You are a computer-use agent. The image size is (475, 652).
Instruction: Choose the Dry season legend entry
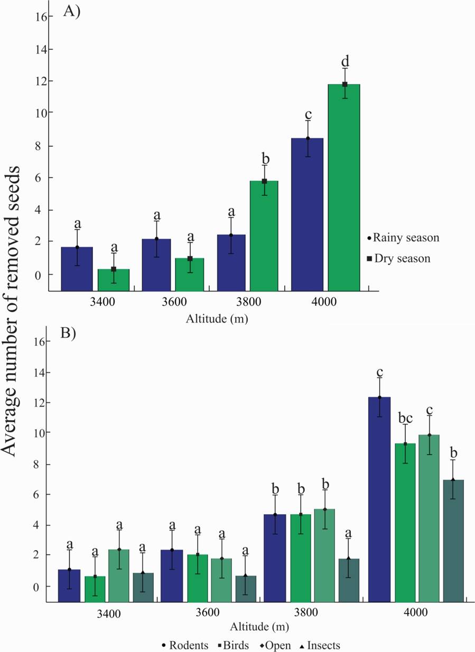tap(402, 259)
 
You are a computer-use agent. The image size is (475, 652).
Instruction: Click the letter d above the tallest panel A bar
tap(345, 60)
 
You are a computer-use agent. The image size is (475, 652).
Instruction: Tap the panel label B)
tap(71, 334)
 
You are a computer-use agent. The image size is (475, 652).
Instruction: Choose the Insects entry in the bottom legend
tap(318, 645)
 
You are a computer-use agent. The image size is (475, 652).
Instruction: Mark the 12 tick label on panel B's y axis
tap(41, 402)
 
